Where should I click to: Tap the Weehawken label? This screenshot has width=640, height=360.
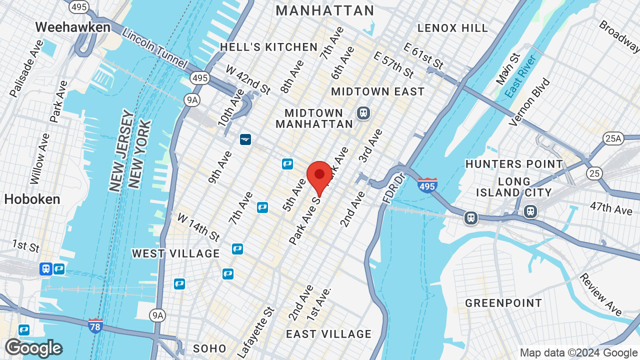[x=73, y=27]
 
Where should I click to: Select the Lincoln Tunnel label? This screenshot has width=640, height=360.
[x=154, y=49]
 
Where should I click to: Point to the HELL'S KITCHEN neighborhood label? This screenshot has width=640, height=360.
[x=269, y=47]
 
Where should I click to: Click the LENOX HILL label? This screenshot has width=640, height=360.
[x=452, y=28]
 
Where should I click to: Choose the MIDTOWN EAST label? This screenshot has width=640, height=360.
[x=377, y=91]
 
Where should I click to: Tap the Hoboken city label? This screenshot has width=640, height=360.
[x=32, y=199]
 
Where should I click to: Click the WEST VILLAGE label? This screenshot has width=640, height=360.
[x=175, y=253]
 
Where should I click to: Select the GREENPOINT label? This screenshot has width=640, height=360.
[x=503, y=303]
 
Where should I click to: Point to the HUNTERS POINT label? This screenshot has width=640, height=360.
[x=514, y=164]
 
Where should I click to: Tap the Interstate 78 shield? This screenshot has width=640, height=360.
[x=95, y=325]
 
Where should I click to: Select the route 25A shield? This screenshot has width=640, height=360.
[x=613, y=138]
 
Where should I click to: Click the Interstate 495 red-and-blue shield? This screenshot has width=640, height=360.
[x=427, y=185]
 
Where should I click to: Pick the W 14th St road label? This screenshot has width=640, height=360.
[x=198, y=226]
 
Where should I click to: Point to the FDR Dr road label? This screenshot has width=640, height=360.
[x=392, y=188]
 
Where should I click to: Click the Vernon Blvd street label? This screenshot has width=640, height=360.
[x=529, y=101]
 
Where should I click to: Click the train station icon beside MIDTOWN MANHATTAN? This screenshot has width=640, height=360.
[x=363, y=113]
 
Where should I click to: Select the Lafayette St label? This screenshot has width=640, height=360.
[x=256, y=332]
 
